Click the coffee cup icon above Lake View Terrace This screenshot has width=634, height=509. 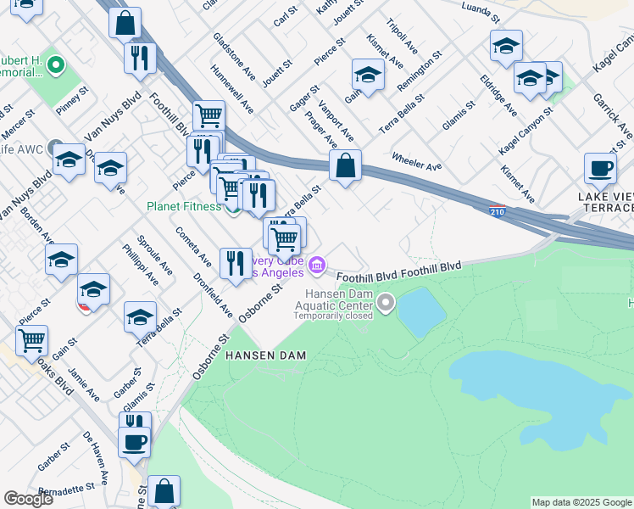[600, 168]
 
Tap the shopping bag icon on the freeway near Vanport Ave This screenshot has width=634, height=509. [345, 166]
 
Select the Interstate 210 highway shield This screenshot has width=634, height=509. [498, 210]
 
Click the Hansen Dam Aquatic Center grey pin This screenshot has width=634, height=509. [387, 301]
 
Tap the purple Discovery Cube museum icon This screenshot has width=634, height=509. [317, 266]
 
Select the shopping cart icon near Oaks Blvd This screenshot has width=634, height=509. [31, 341]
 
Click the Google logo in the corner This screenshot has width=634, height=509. [28, 499]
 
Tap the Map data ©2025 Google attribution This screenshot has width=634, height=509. [581, 502]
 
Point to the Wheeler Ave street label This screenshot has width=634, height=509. [416, 160]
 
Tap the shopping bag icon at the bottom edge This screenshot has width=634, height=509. [164, 490]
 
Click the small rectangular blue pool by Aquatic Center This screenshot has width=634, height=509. [421, 311]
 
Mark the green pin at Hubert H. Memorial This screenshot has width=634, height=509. [57, 64]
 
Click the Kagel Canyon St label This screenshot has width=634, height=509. [526, 130]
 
